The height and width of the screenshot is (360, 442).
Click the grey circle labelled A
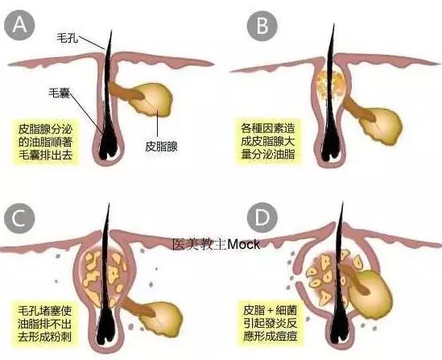[19, 25]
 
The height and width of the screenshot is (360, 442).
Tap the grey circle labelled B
[262, 26]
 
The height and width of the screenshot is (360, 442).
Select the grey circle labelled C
[19, 218]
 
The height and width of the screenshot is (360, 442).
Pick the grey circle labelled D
[262, 217]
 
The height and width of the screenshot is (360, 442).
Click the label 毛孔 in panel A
[68, 38]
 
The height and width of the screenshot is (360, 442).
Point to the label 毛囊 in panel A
[60, 93]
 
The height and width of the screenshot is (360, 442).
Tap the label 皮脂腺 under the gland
[161, 147]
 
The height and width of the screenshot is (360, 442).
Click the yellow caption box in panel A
[46, 142]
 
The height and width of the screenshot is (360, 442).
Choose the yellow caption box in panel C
[45, 324]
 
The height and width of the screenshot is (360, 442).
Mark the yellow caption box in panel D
[271, 324]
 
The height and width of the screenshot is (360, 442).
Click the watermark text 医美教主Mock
[217, 244]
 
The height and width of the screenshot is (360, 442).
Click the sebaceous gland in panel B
[381, 126]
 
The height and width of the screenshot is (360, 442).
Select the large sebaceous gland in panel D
[370, 292]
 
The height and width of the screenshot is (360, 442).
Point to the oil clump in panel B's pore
[329, 85]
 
